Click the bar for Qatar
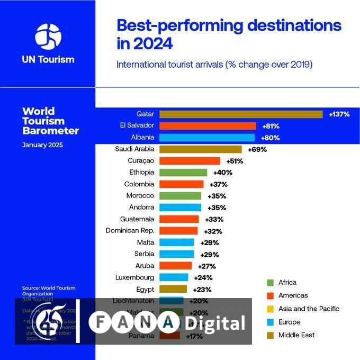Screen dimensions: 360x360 click(241, 114)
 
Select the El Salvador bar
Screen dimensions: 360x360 click(208, 126)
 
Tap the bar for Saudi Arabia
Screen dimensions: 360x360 click(200, 149)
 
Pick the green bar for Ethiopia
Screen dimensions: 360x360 click(183, 173)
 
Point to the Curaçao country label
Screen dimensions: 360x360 click(141, 161)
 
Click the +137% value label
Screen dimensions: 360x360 click(339, 114)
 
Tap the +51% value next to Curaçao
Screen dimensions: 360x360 click(235, 161)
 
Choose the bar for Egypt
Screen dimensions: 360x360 click(173, 289)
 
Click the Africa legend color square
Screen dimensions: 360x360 click(270, 283)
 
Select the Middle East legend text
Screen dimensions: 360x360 click(296, 335)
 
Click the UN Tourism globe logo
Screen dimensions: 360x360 click(48, 35)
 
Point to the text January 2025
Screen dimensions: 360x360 click(42, 145)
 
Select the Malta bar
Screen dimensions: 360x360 click(177, 242)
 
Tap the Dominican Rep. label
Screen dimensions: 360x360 click(130, 231)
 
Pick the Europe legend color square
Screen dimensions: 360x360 click(270, 322)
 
